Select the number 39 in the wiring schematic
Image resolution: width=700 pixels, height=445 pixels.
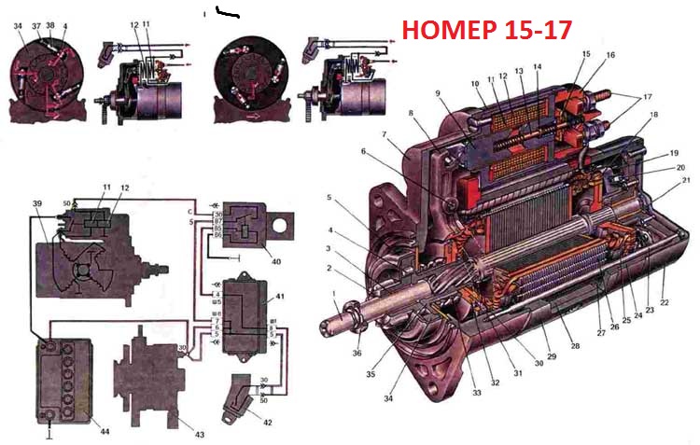[x=37, y=202]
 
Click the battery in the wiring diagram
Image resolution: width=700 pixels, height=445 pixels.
[x=64, y=382]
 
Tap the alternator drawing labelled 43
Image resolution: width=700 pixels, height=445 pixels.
[x=149, y=379]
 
